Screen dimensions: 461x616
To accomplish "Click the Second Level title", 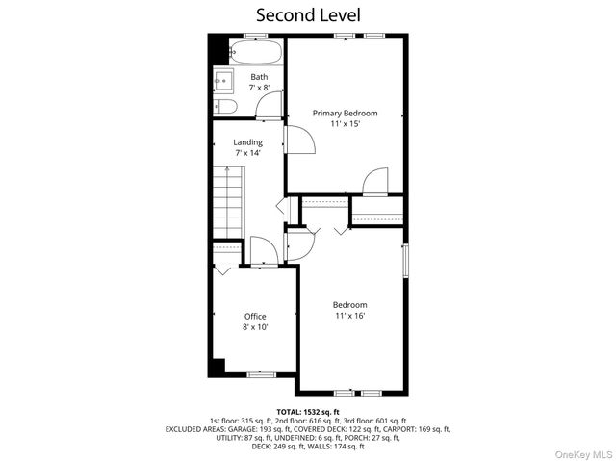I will point(308,14).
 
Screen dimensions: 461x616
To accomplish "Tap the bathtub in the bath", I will point(254,50).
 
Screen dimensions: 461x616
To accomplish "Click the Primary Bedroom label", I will point(345,113).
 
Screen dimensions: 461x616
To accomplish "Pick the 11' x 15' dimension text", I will point(345,124).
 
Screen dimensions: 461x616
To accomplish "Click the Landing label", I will point(247,142).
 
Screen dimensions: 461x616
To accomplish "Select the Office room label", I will point(254,316).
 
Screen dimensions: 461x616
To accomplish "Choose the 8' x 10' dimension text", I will point(254,327).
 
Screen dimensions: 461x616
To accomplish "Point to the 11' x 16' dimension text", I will point(350,316).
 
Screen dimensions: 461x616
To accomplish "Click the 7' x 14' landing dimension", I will point(247,153).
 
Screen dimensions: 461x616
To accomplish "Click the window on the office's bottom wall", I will point(261,374).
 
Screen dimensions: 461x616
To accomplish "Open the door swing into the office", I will point(261,251).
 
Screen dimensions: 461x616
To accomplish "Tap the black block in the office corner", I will point(218,367).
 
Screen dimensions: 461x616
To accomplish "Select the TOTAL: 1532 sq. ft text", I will point(308,412).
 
